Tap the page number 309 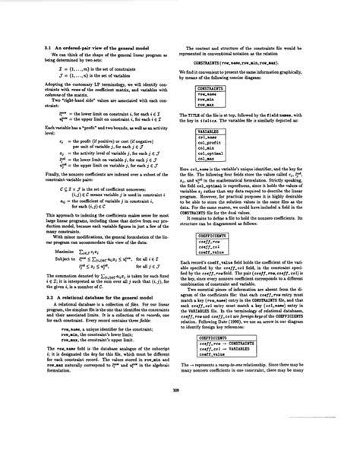179,434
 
